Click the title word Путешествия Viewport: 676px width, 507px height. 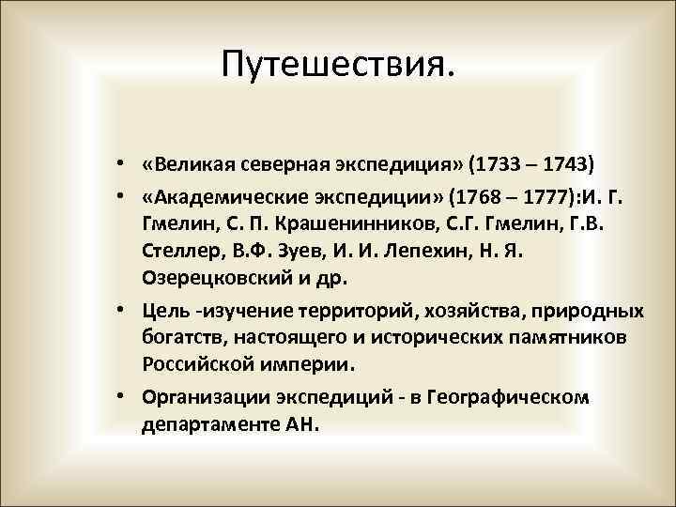[338, 65]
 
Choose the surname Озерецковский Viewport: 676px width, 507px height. [212, 279]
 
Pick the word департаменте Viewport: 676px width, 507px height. [204, 423]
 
